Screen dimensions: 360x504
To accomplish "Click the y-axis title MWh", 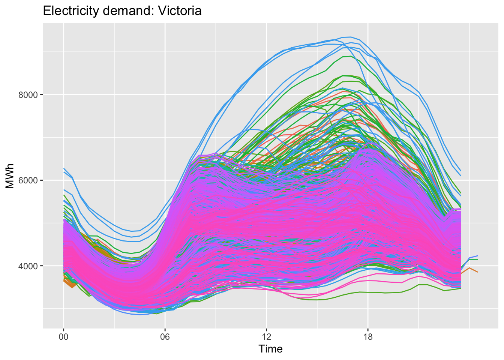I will (x=10, y=176).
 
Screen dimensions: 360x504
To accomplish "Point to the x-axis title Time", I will (x=270, y=349).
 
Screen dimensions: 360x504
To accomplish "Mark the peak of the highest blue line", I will (x=350, y=37).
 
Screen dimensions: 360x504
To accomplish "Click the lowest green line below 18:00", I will (x=368, y=292).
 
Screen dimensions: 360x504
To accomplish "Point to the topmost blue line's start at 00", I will (x=64, y=169).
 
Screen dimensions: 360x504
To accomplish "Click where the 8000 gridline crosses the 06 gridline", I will (x=165, y=95).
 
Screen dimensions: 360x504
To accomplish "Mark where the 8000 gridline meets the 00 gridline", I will (x=63, y=95).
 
